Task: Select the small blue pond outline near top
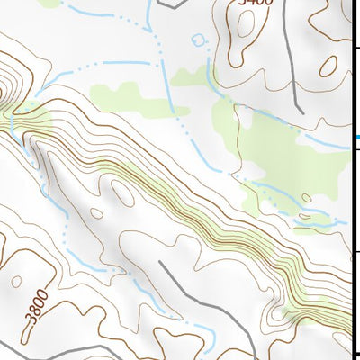199,39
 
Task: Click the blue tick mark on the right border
355,137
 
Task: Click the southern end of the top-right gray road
300,112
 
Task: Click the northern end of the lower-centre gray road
160,263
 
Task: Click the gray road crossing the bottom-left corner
18,346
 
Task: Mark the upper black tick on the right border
356,47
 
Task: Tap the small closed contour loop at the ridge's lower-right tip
278,315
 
